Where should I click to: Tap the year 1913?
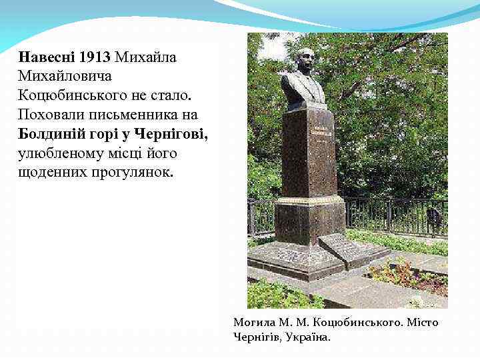click(x=94, y=57)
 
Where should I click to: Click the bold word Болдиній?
click(x=49, y=134)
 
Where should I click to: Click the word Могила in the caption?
click(x=251, y=323)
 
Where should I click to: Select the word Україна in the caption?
click(x=309, y=337)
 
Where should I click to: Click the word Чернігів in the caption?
click(x=257, y=337)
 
